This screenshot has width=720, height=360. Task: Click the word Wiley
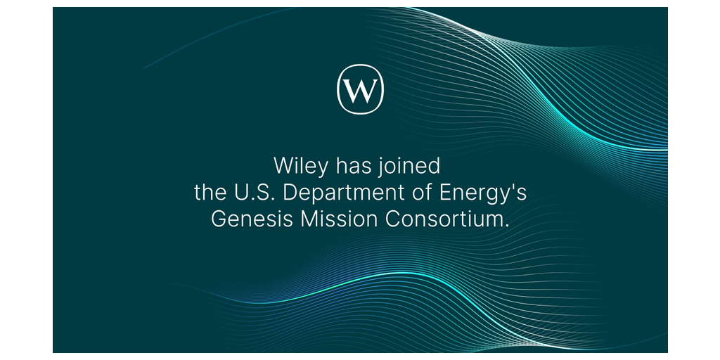tap(301, 166)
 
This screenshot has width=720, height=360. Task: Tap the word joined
tap(409, 167)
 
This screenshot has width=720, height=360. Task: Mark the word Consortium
tap(444, 219)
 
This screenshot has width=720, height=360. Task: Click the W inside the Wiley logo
tap(361, 90)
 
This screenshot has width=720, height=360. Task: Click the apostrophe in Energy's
tap(513, 187)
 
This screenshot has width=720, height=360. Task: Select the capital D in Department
tap(290, 193)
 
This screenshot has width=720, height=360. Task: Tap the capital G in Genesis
tap(219, 219)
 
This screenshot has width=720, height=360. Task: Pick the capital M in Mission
tap(309, 219)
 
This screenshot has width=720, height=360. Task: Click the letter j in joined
tap(379, 167)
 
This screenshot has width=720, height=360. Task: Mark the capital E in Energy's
tap(446, 193)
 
